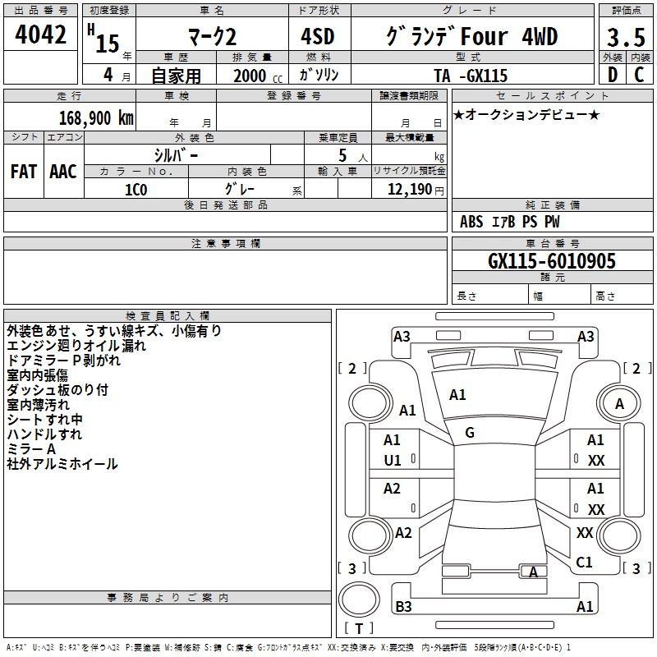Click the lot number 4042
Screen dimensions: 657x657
click(x=40, y=34)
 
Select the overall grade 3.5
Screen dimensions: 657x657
click(x=626, y=38)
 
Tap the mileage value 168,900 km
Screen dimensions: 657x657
click(x=96, y=118)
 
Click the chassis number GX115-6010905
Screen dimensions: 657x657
click(x=552, y=260)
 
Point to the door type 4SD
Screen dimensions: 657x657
click(x=318, y=36)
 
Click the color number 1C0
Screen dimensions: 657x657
click(x=136, y=190)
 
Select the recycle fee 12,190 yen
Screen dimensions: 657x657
click(x=416, y=190)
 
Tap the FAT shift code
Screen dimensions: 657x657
click(x=24, y=172)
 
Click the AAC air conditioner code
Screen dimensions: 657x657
click(x=63, y=172)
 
